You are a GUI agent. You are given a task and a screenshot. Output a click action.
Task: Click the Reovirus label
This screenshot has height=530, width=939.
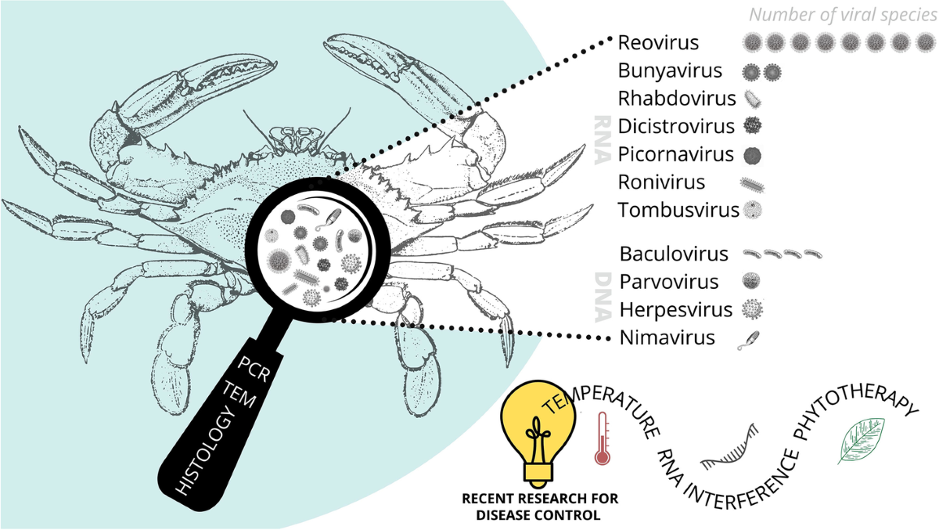pos(658,42)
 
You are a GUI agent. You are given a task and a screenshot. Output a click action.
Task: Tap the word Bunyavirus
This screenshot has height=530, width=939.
pos(669,71)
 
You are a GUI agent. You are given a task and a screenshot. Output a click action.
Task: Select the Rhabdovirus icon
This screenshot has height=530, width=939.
pos(753,99)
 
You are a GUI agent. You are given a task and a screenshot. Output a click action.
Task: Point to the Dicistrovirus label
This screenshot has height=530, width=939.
pos(676,126)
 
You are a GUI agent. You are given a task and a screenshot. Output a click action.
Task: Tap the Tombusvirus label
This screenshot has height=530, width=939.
pos(678,211)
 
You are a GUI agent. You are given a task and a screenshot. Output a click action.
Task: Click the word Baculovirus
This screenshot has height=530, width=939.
pos(674,254)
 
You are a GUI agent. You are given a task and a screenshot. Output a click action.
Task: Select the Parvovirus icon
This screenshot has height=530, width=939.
pos(752,282)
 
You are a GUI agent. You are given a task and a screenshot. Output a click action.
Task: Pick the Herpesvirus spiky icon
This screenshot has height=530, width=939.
pos(752,310)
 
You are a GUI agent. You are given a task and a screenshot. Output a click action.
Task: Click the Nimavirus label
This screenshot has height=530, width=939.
pos(667,338)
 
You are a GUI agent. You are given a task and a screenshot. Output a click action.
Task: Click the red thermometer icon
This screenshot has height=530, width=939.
pos(601,438)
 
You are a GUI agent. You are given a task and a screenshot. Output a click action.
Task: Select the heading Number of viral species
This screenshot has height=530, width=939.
pos(842,14)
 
